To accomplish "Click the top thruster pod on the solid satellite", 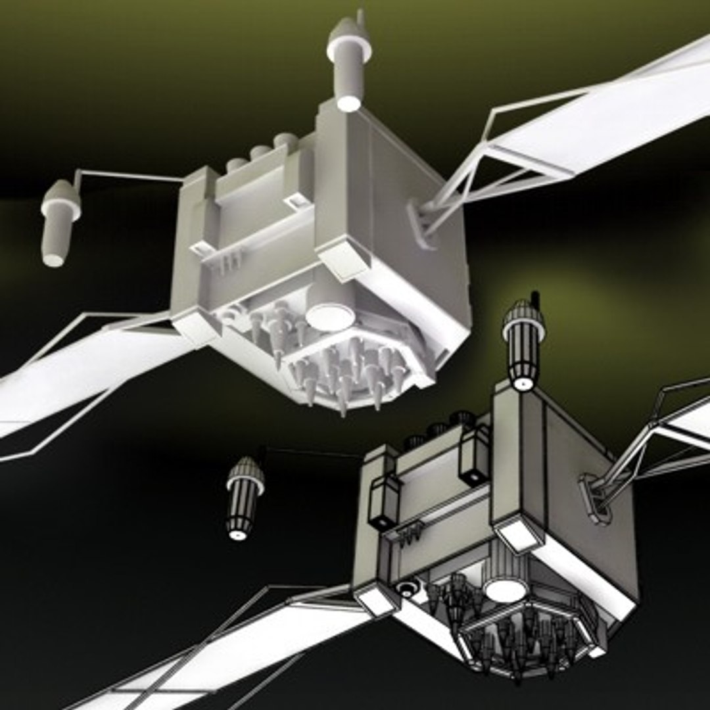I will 348,62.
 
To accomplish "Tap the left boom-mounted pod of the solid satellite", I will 59,220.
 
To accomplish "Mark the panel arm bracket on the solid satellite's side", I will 421,224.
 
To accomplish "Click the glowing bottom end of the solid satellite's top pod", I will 348,103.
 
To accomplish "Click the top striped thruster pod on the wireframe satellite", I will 523,342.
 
